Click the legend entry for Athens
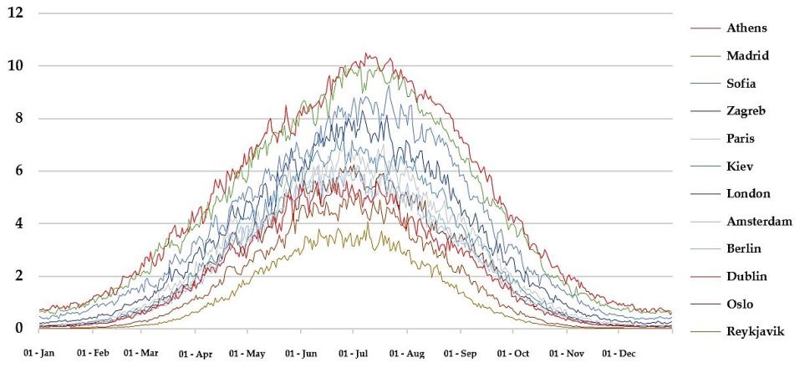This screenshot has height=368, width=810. tap(746, 28)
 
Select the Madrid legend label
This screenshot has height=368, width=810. tap(747, 56)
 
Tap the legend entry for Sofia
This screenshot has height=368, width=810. tap(742, 84)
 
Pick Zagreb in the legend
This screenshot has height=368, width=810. tap(746, 111)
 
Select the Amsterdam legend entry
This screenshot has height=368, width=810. tap(757, 222)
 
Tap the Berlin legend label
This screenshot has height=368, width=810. tap(744, 249)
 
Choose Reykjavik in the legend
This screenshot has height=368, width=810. tap(755, 332)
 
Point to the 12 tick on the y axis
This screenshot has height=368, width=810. tap(15, 13)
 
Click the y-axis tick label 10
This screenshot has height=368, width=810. tap(15, 65)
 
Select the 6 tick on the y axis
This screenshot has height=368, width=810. tap(19, 171)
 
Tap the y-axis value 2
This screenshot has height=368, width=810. tap(19, 276)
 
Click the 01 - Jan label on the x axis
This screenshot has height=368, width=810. tap(39, 354)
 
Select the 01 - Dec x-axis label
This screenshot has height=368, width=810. tap(619, 354)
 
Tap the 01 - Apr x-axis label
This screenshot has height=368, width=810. tap(195, 354)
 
